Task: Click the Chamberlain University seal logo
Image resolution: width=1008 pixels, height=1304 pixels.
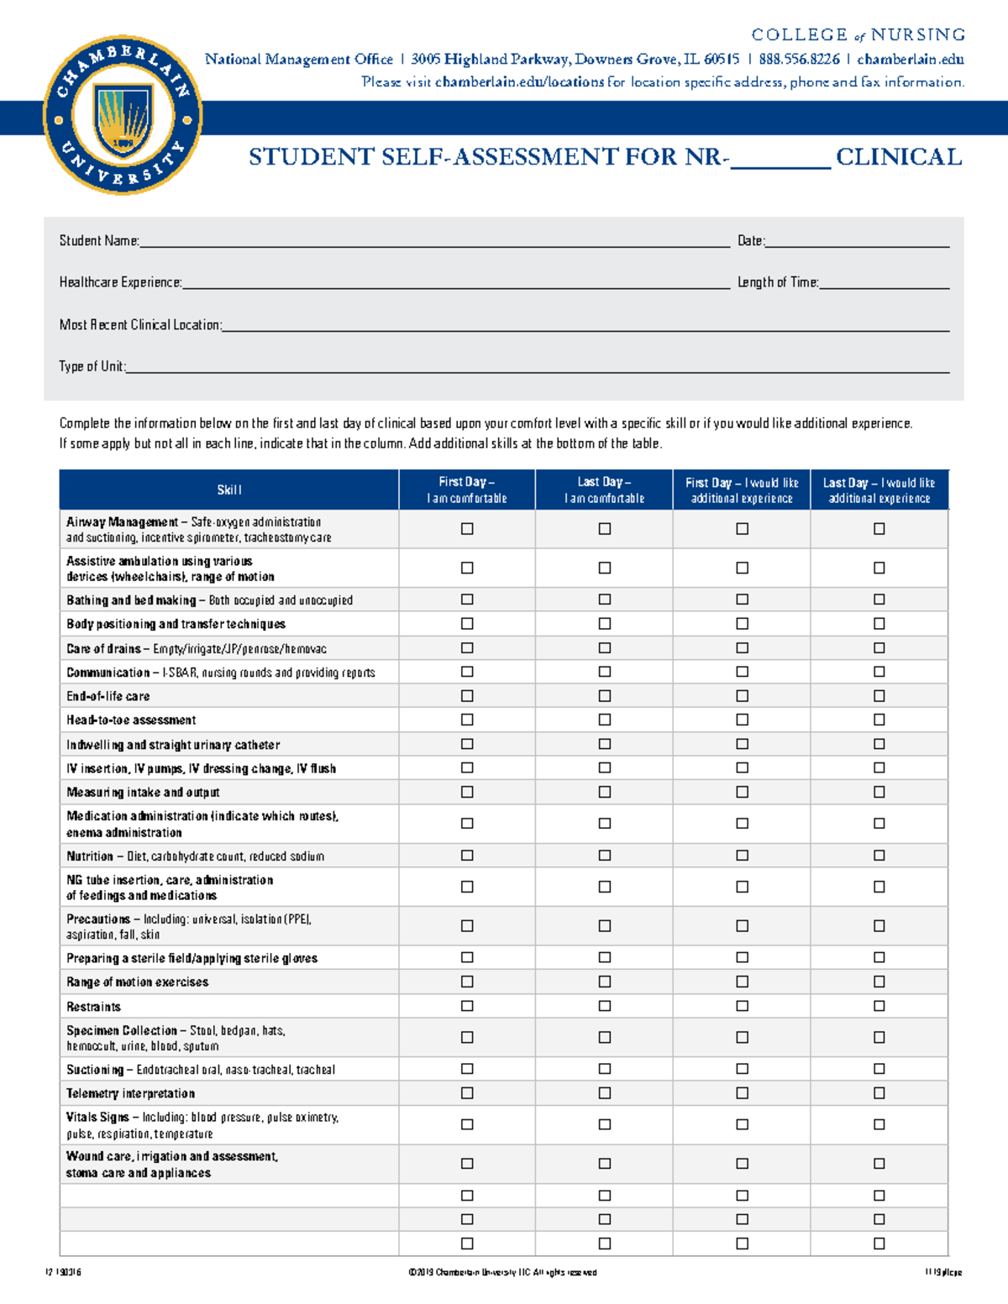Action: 123,116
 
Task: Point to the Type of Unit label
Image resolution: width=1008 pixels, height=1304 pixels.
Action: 92,367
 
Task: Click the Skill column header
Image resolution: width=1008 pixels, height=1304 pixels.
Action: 228,490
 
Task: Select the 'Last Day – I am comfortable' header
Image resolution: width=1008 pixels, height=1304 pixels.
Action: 604,490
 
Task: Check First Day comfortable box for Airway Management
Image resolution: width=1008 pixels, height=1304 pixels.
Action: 467,529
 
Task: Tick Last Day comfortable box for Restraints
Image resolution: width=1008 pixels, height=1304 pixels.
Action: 604,1006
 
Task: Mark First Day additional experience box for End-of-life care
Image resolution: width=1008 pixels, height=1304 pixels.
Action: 742,696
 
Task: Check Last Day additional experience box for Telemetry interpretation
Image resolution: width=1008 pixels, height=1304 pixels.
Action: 879,1093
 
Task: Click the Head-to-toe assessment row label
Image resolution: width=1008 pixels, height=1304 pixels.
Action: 131,720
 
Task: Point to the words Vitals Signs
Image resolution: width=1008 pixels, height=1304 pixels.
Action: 97,1118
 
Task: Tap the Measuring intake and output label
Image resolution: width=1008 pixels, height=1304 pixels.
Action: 143,793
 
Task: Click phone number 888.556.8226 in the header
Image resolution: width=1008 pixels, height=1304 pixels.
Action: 799,60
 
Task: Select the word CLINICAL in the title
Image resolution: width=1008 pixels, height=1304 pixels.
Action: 899,157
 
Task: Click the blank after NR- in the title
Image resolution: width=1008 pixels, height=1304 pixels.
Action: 780,160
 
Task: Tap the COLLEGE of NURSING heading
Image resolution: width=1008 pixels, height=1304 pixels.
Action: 858,34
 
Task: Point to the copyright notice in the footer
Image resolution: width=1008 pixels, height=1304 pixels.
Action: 502,1272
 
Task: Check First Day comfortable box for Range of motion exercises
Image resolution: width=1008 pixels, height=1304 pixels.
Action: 467,982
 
